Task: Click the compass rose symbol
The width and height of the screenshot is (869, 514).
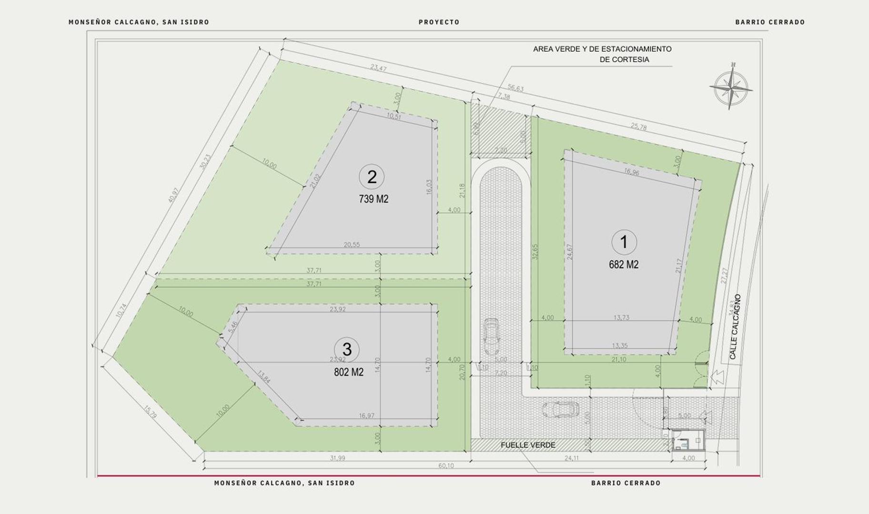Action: click(731, 87)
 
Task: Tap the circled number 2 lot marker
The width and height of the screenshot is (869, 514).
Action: click(372, 177)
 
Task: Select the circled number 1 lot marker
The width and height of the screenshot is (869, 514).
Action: click(624, 242)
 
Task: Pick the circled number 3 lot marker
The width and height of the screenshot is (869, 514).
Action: click(347, 349)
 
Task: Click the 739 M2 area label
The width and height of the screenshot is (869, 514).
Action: click(374, 199)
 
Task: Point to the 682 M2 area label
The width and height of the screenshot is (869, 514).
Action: click(624, 265)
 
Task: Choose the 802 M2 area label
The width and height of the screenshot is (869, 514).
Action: click(349, 372)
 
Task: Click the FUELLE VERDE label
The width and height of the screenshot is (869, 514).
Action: click(528, 445)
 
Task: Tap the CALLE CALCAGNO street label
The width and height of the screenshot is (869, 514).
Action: click(735, 326)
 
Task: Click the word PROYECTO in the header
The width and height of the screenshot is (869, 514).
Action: click(439, 22)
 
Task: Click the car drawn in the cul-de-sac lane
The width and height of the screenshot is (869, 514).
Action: click(491, 336)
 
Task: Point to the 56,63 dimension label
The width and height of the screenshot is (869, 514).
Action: click(515, 88)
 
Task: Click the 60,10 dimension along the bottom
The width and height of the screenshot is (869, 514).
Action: click(446, 465)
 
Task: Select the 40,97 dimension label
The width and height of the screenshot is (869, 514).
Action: click(173, 195)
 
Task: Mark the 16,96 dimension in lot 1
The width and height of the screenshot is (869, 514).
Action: click(631, 173)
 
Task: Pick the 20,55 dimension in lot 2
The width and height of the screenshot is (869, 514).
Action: click(352, 245)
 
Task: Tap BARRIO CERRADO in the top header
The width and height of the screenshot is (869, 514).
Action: click(769, 22)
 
